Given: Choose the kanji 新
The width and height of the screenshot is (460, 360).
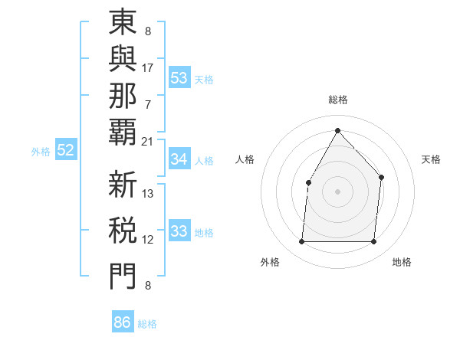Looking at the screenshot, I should [x=123, y=185].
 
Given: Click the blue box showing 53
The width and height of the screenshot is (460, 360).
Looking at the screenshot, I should [x=179, y=78].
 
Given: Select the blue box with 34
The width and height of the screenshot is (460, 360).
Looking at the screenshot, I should [x=179, y=159].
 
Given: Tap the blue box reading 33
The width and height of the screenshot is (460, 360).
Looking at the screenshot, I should [x=179, y=231].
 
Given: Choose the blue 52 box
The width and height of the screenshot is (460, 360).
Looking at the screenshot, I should [x=66, y=151].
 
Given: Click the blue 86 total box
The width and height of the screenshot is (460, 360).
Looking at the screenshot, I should [x=123, y=322].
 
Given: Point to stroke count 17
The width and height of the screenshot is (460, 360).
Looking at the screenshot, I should [x=148, y=67].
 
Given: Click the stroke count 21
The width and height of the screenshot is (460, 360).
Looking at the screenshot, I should [x=148, y=141].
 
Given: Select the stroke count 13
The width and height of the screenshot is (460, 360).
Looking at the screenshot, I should [x=148, y=194].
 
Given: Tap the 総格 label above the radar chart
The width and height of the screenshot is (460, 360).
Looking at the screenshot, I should [x=337, y=100].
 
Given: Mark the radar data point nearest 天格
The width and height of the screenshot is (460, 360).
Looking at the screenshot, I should [x=381, y=178].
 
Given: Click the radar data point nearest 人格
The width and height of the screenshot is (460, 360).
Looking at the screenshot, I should [x=308, y=182].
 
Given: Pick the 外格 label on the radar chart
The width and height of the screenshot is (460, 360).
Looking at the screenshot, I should [x=270, y=263].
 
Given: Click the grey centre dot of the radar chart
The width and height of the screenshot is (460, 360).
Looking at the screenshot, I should [x=337, y=191].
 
